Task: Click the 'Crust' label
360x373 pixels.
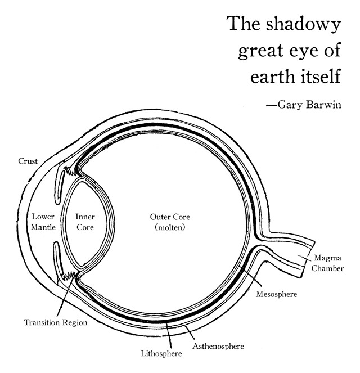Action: (x=28, y=161)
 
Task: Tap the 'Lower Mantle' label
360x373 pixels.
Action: (x=43, y=222)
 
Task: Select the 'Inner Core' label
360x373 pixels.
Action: (x=84, y=222)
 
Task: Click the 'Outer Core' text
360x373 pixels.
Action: (x=169, y=217)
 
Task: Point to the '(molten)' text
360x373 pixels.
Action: (x=169, y=228)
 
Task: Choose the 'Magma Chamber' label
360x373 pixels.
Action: (x=329, y=263)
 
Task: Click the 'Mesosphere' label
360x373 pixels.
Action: (x=276, y=294)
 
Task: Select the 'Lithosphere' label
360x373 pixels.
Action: (x=161, y=354)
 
